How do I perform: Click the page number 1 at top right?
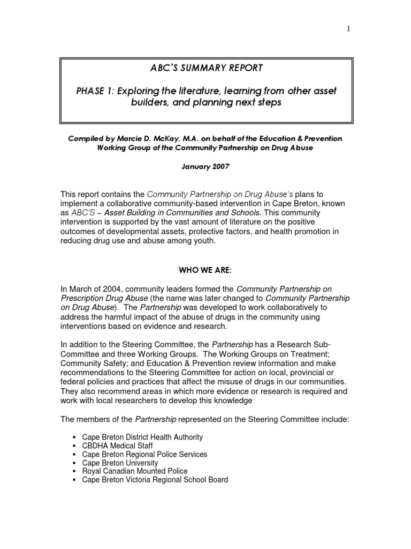[348, 29]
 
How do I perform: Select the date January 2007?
[205, 167]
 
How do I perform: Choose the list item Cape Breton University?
[120, 463]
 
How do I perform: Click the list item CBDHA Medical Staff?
[117, 446]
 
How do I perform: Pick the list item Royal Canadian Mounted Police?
[135, 471]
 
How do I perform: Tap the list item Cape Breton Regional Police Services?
[144, 454]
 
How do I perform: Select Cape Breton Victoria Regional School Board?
[155, 480]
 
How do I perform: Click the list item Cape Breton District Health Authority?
[142, 437]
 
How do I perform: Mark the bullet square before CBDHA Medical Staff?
[72, 446]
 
